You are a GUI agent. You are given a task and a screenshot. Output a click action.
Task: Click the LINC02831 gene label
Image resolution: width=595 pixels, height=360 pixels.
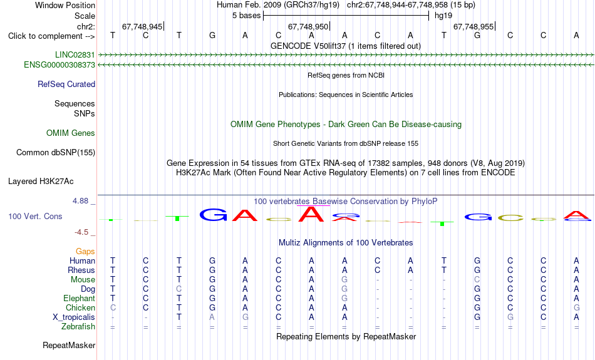[75, 54]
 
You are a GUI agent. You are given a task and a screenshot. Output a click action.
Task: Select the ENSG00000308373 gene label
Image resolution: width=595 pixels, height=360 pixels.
[59, 65]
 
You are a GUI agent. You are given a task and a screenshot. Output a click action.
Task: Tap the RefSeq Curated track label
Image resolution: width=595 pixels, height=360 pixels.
[66, 85]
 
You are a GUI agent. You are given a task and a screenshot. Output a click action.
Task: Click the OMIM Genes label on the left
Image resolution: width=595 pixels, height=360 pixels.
[71, 133]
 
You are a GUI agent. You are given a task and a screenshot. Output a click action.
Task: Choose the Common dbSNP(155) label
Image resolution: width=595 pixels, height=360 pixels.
[56, 153]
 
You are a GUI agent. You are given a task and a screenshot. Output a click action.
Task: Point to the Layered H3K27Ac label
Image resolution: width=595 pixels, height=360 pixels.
[41, 182]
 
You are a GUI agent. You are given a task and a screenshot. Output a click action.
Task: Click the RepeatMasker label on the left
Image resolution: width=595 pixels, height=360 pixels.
[69, 345]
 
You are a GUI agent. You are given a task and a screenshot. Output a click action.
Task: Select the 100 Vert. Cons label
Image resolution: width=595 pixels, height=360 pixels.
[35, 216]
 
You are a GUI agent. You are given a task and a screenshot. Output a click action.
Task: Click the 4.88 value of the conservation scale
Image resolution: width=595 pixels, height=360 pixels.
[80, 201]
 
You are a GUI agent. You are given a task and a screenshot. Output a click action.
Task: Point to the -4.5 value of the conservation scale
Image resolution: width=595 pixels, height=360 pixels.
[81, 232]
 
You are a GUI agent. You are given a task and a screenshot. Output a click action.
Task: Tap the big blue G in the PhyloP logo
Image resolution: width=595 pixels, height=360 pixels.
[213, 215]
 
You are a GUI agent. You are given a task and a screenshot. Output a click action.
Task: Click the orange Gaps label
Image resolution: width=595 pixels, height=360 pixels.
[85, 252]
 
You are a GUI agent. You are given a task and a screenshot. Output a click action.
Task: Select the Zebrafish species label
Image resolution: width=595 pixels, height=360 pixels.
[78, 327]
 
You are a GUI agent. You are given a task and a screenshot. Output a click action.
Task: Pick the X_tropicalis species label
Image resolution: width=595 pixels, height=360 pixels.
[74, 317]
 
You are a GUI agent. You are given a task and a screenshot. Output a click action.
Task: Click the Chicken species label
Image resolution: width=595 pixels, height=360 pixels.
[80, 307]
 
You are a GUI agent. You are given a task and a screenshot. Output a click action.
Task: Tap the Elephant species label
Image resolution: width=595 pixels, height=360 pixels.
[80, 299]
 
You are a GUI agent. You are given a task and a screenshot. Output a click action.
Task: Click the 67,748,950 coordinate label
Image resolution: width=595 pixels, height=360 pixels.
[308, 26]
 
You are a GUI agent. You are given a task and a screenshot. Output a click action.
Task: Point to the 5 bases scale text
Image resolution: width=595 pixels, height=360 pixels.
[247, 16]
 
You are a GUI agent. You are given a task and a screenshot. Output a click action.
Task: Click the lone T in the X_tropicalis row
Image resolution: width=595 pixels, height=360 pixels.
[179, 317]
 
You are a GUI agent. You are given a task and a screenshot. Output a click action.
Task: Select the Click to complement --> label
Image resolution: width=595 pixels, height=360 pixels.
[51, 36]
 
